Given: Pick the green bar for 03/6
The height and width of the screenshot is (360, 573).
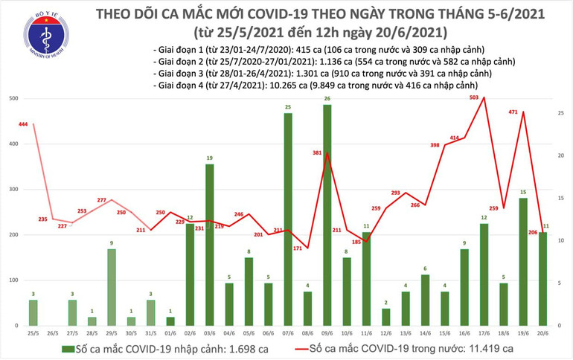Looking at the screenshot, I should (210, 245).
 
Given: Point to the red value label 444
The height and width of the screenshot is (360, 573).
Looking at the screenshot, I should (23, 123).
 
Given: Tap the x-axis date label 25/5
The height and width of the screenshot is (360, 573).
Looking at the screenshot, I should (33, 332).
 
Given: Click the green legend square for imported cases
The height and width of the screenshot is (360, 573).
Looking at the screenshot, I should (68, 349).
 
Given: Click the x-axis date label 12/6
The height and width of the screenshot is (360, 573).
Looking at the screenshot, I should (385, 332).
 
